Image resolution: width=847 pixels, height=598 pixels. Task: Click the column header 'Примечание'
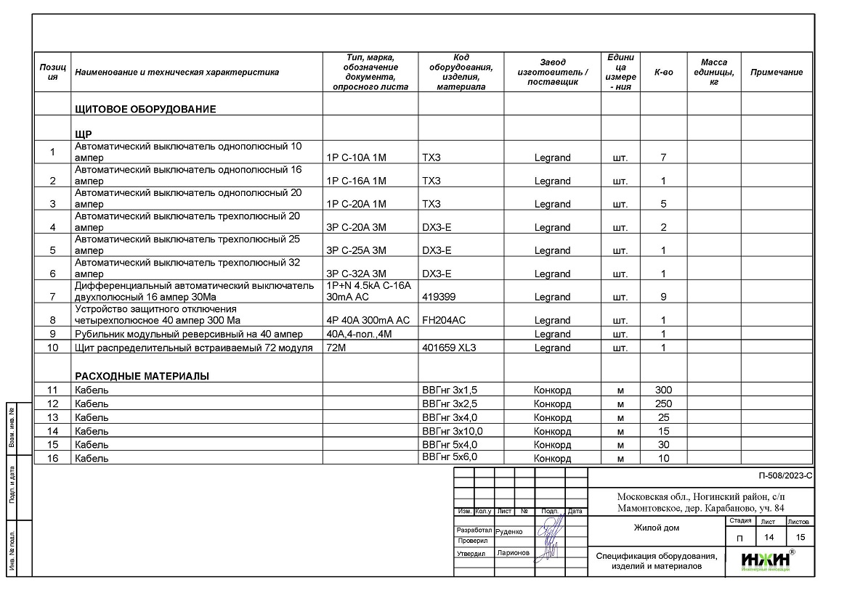(x=776, y=73)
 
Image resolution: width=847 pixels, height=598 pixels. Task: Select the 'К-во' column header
(x=663, y=73)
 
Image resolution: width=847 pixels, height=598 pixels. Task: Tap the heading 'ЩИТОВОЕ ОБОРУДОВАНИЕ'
(x=145, y=110)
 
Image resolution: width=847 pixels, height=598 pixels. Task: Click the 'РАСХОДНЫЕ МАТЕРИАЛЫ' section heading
(x=142, y=376)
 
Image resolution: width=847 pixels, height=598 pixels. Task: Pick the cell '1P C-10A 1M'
(x=357, y=157)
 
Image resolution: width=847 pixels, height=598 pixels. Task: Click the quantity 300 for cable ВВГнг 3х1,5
(x=663, y=390)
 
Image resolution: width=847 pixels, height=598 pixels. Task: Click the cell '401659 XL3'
(x=449, y=348)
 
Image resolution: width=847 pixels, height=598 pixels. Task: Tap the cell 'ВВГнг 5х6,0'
(x=450, y=457)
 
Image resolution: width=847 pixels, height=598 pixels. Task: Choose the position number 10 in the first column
(x=52, y=348)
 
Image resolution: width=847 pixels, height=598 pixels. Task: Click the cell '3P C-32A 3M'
(x=357, y=274)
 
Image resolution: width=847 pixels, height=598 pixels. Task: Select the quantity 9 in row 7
(x=663, y=297)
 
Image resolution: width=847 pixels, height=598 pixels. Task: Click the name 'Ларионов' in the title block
(x=514, y=553)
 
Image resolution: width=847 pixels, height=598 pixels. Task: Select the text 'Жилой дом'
(x=656, y=528)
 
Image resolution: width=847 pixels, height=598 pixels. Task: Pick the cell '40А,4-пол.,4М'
(x=360, y=334)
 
